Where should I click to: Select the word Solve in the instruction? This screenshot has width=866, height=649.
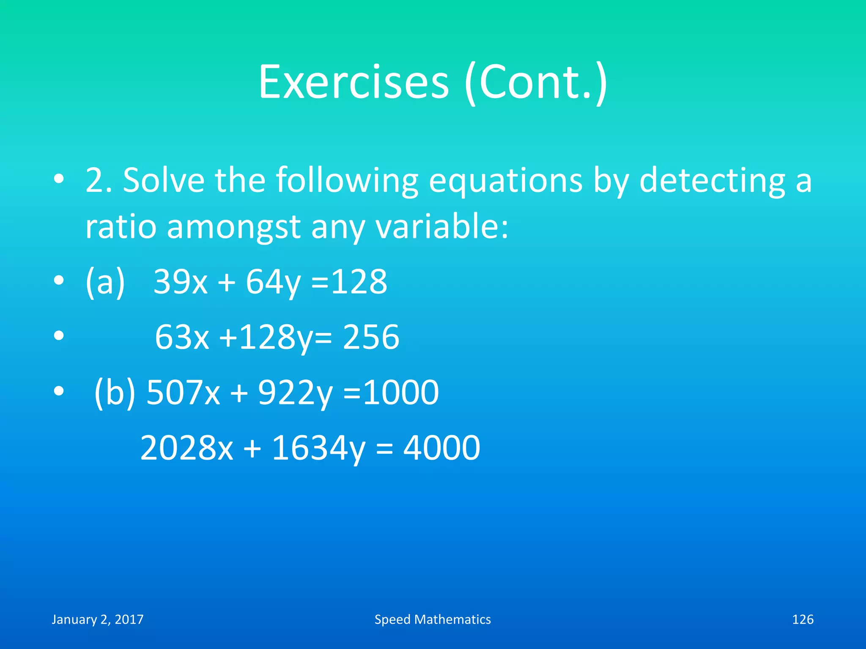click(164, 181)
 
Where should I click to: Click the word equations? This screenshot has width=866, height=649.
click(505, 181)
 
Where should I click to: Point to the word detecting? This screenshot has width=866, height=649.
click(712, 181)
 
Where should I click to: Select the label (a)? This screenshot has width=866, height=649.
click(105, 282)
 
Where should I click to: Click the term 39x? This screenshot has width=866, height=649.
click(181, 282)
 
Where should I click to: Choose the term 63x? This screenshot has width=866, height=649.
click(182, 337)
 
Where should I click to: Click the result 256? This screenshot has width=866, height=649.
click(371, 337)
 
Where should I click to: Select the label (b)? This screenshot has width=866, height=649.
click(114, 393)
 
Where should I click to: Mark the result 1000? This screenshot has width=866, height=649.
click(401, 393)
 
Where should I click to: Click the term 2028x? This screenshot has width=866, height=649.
click(186, 448)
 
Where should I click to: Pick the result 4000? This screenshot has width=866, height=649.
click(441, 448)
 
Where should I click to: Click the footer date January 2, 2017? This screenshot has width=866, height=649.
click(98, 619)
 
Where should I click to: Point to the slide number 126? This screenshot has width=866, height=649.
click(802, 619)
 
